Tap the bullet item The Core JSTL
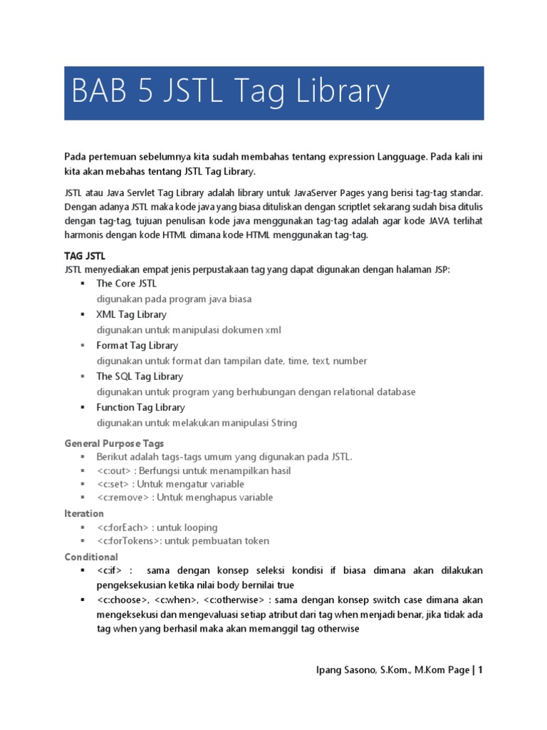point(126,283)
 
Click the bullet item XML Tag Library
point(131,314)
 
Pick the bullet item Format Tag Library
point(137,345)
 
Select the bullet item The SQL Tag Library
point(140,376)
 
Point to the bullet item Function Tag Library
point(140,407)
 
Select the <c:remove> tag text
point(123,497)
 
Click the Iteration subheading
point(84,513)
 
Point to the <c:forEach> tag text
point(125,528)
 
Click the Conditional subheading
point(91,557)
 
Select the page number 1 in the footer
point(481,669)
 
